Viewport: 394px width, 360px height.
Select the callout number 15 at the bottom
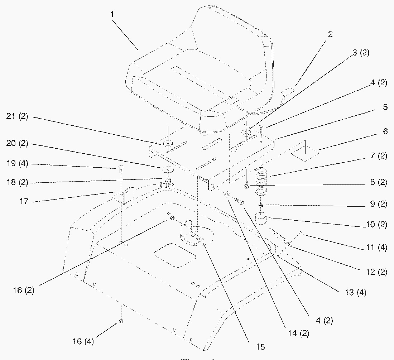point(260,346)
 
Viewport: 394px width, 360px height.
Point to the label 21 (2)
point(17,117)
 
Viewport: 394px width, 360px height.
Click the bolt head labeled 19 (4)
point(120,168)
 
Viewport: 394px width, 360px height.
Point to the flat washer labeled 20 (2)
point(167,168)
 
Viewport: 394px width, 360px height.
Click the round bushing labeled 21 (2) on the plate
point(167,144)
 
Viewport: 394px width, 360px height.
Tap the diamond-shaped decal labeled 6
point(304,150)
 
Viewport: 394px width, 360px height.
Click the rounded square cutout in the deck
point(175,255)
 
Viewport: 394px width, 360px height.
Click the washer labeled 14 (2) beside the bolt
point(227,195)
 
